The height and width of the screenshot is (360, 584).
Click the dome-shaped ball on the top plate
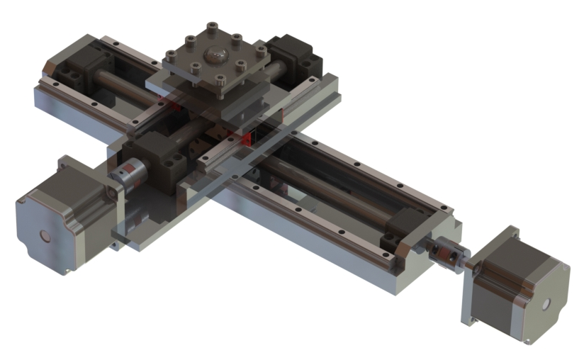[x=214, y=54]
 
